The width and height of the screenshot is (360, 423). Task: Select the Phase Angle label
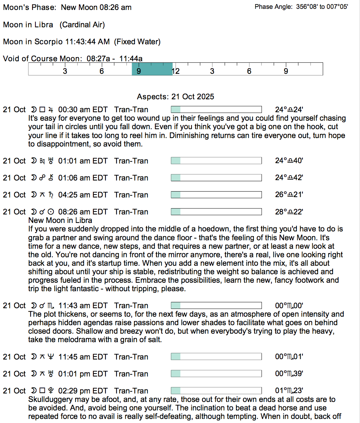[x=274, y=7]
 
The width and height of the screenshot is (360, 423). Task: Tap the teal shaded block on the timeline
[x=152, y=69]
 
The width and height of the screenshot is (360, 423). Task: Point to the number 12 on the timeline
[x=176, y=71]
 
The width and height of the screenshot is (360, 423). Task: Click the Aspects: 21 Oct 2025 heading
[x=175, y=97]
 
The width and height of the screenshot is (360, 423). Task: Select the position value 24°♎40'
[x=289, y=161]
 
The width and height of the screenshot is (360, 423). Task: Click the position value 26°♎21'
[x=289, y=195]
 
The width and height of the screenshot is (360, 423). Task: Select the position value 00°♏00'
[x=289, y=306]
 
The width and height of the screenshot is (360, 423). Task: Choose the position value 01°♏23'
[x=289, y=391]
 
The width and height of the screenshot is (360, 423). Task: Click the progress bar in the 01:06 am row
[x=216, y=178]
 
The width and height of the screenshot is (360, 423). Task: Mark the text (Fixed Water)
[x=137, y=42]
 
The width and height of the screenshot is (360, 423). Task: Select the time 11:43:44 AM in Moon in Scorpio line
[x=87, y=42]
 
